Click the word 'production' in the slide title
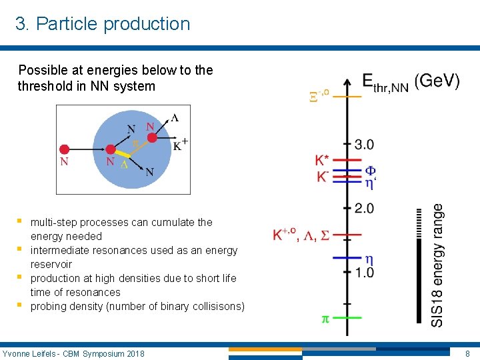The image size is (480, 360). coord(150,24)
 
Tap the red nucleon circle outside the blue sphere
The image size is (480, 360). coord(65,149)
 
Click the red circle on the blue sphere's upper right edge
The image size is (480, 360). coord(152,137)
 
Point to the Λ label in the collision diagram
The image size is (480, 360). coord(175,118)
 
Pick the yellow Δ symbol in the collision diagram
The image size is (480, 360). coord(124,164)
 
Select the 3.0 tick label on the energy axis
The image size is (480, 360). coord(364,145)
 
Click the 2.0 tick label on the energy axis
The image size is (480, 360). coord(364,209)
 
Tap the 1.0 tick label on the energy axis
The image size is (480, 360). coord(364,273)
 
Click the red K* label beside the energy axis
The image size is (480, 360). coord(322,161)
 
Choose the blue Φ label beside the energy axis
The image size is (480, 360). coord(370,169)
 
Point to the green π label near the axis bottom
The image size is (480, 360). coord(325,319)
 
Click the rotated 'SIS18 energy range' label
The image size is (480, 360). coord(437,265)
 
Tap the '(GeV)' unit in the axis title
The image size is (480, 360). coord(437,82)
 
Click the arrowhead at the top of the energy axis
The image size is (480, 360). coord(347,81)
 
